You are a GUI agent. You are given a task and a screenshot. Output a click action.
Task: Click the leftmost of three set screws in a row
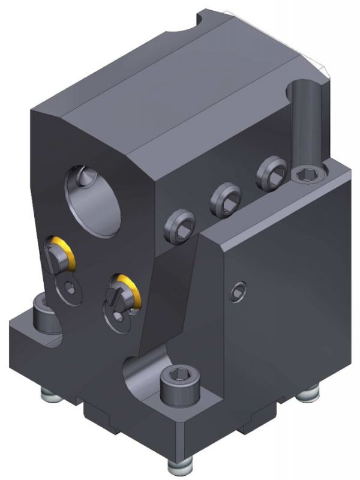[x=178, y=226]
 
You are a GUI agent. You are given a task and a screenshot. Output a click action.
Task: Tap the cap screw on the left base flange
[x=43, y=311]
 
